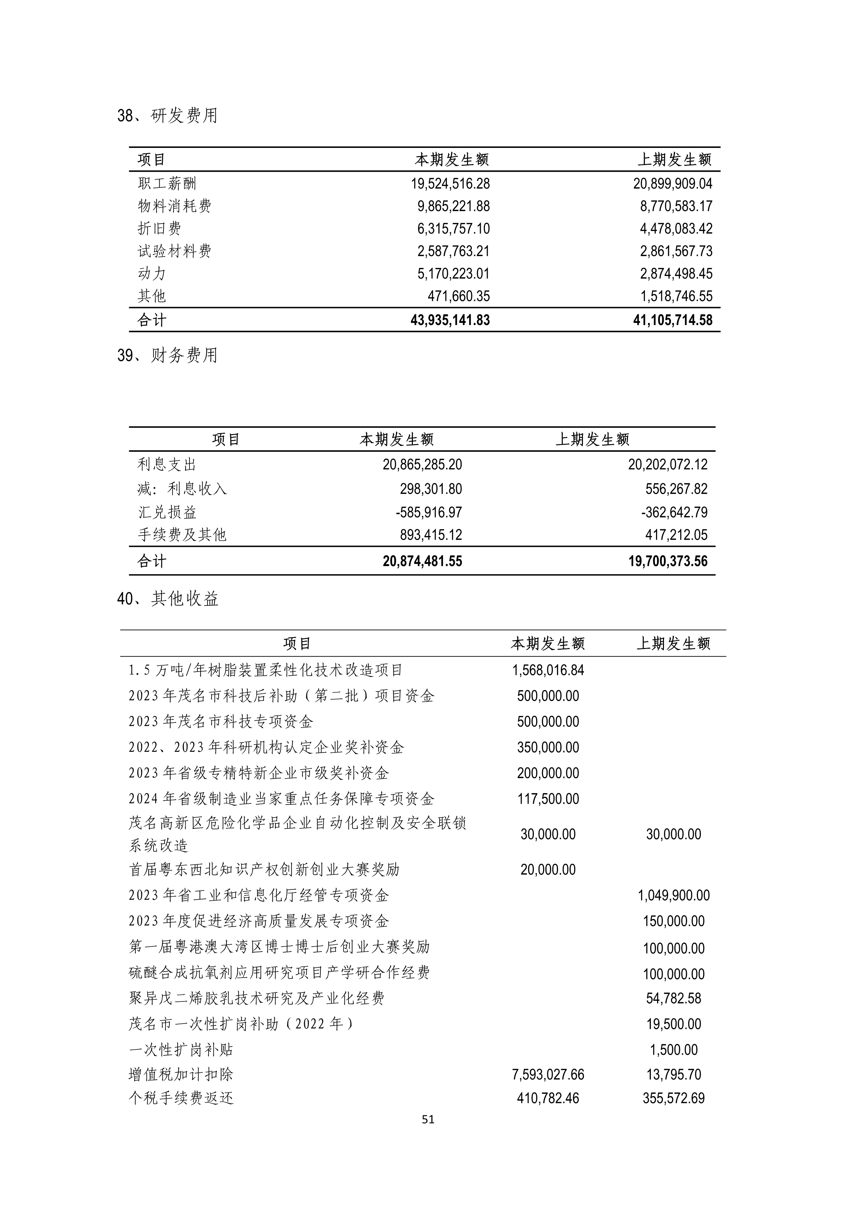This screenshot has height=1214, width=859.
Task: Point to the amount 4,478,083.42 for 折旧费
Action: coord(676,228)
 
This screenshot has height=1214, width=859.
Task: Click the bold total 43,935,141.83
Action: coord(450,320)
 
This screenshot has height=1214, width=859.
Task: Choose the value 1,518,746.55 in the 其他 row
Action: coord(676,296)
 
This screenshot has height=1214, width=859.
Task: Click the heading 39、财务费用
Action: coord(167,355)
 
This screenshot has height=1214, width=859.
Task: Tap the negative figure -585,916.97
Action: coord(428,512)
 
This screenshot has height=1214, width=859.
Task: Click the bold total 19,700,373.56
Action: coord(667,561)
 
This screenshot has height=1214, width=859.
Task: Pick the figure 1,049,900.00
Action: coord(673,895)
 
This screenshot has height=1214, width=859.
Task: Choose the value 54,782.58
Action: coord(673,998)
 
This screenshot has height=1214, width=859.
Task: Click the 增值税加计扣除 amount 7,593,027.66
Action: coord(548,1074)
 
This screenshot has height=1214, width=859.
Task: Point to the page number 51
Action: coord(428,1119)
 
